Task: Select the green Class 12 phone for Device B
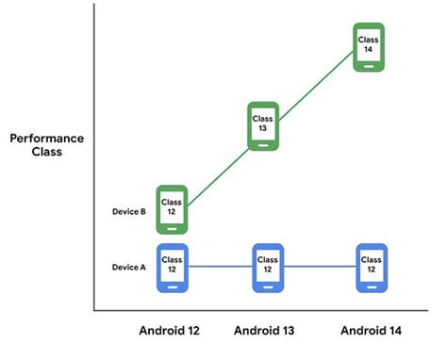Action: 172,209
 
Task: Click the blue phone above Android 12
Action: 172,269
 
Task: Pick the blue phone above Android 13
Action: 268,269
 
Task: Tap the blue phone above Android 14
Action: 370,269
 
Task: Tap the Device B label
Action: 128,212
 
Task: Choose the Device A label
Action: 128,267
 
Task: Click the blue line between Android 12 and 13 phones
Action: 220,269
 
